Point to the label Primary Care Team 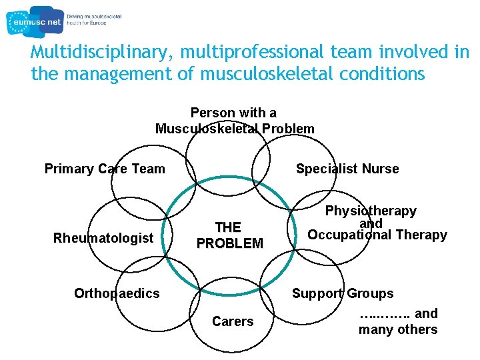[x=105, y=169]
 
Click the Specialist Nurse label [x=347, y=169]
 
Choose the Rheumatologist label [x=103, y=238]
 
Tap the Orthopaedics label [x=117, y=293]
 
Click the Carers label [x=233, y=321]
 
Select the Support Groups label [x=343, y=293]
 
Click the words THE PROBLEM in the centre [x=229, y=235]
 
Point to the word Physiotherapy [x=371, y=211]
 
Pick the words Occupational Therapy [x=377, y=235]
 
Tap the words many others [x=398, y=329]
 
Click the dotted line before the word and [x=384, y=314]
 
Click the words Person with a [x=233, y=113]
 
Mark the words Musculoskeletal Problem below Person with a [x=235, y=129]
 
